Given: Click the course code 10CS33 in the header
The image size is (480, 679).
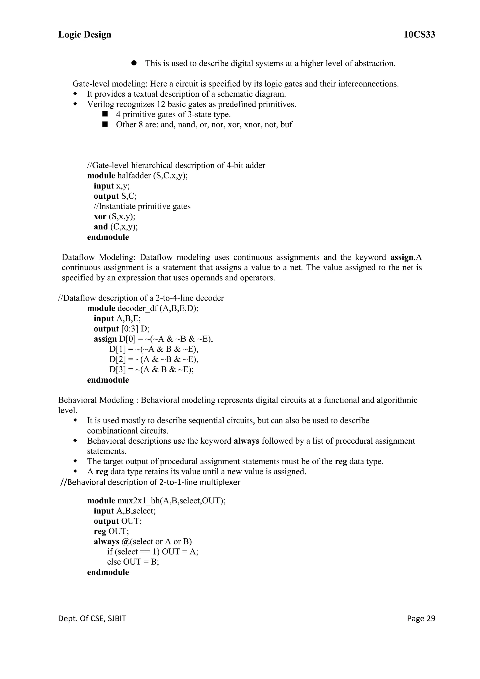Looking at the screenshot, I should coord(419,35).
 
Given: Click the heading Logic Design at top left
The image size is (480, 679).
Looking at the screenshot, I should coord(85,35).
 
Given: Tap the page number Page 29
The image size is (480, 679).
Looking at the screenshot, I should coord(421,618).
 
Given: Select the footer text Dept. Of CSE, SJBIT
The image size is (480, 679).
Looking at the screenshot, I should coord(92,618).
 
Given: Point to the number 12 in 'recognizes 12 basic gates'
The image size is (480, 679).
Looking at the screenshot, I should coord(161,104).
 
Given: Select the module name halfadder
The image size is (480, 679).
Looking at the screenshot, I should coord(134,176).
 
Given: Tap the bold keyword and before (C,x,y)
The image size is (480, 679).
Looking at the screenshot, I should coord(101,227).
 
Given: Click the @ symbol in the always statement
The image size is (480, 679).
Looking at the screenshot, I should coord(125,541).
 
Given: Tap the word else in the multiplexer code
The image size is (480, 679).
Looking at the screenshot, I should coord(114,562).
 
